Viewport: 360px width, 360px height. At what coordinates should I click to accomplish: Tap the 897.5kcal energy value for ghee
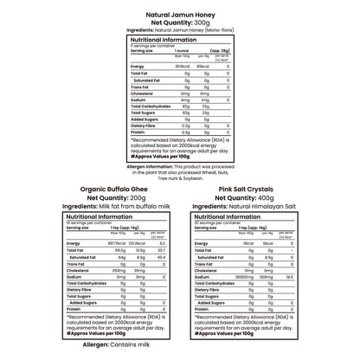tap(89, 244)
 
